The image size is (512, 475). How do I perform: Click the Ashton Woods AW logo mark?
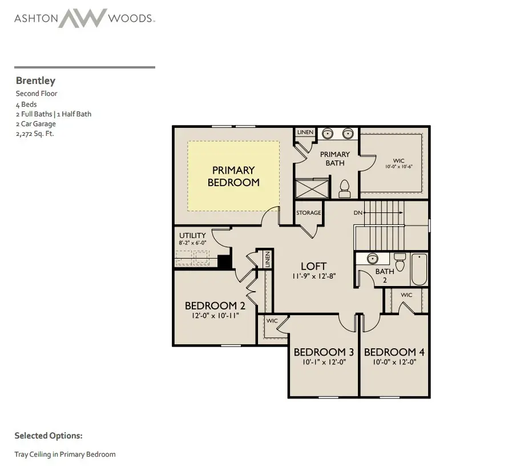point(83,18)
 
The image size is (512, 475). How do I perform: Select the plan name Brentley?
point(35,81)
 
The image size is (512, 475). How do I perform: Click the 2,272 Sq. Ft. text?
point(35,134)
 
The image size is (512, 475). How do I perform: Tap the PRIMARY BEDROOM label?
point(233,176)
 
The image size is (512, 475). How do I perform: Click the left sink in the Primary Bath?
point(327,134)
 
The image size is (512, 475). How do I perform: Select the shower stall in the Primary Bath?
point(312,188)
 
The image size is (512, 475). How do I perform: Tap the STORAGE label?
point(308,213)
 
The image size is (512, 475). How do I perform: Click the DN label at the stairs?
point(358,213)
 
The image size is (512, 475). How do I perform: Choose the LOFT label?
point(313,266)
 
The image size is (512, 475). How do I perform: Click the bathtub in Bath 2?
point(419,269)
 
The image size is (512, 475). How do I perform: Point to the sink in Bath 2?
point(372,258)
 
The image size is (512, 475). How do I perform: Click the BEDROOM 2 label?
point(211,305)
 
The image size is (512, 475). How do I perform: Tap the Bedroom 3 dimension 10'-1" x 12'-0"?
point(320,362)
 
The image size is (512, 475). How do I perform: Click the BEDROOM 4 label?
point(394,352)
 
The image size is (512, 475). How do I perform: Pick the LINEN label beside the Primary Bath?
point(305,132)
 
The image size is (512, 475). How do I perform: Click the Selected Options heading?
point(49,436)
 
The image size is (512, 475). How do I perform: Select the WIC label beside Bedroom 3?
point(272,321)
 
